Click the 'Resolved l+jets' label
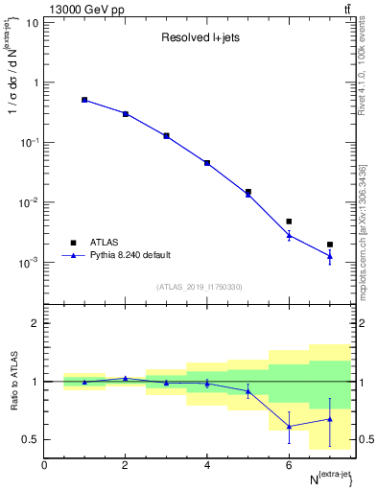[199, 38]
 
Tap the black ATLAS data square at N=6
[289, 222]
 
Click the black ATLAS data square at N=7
[330, 245]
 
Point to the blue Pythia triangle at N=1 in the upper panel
[84, 100]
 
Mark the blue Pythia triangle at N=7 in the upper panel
[330, 255]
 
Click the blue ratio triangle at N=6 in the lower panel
[289, 427]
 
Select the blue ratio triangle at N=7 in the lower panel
[330, 419]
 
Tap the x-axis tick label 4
[207, 465]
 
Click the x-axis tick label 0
[44, 465]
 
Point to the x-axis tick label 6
[289, 465]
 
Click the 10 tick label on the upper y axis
[32, 22]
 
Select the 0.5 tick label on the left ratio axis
[30, 440]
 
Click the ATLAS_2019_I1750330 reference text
[199, 287]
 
